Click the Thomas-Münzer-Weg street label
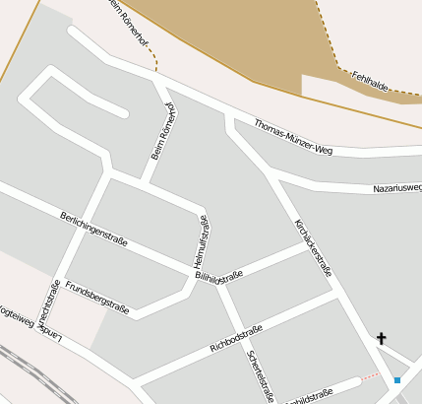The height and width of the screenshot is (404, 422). coord(294,137)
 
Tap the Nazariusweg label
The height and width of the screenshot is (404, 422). coord(396,187)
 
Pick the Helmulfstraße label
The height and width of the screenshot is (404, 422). coord(202,242)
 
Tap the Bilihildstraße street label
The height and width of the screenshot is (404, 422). coord(219,278)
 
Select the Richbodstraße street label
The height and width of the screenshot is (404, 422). coord(236,339)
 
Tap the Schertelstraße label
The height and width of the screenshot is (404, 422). coord(261,376)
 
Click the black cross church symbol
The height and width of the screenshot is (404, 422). coord(382,339)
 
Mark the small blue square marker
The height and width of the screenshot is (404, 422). coord(397,379)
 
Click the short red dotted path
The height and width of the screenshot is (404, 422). coord(369,375)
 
